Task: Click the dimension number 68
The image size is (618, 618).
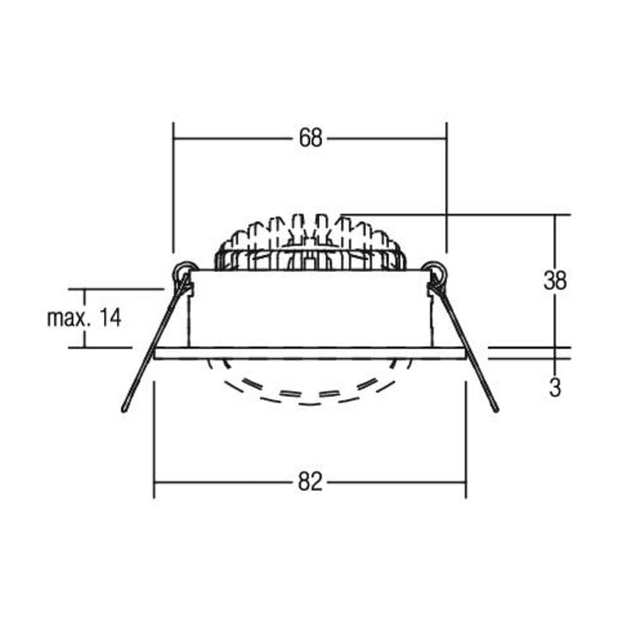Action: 311,138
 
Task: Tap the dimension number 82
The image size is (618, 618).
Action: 310,482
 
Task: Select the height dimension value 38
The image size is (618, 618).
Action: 555,280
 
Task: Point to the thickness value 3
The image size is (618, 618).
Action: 555,388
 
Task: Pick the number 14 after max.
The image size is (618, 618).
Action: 110,318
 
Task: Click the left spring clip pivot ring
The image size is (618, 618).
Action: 184,271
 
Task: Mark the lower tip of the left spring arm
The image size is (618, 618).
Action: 124,410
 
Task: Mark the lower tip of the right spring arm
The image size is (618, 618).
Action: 496,410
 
